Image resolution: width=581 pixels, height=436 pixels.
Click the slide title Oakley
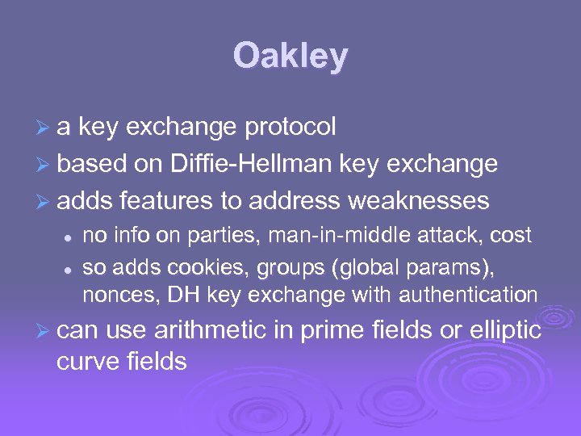coord(290,57)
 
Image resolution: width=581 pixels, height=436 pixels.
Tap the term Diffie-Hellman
coord(251,164)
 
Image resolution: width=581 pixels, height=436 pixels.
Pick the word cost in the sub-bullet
coord(510,236)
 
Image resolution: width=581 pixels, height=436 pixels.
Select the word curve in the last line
coord(86,362)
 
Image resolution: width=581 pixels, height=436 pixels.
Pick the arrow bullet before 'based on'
coord(45,165)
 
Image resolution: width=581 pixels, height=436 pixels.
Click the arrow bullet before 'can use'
coord(45,332)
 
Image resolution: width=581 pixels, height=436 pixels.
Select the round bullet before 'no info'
coord(70,237)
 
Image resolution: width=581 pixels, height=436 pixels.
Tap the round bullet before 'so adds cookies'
coord(70,267)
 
